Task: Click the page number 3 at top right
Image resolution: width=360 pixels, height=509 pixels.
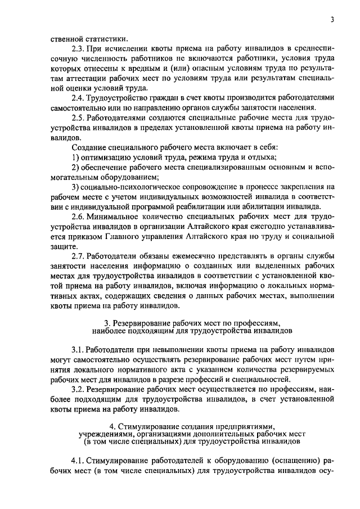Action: click(332, 20)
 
